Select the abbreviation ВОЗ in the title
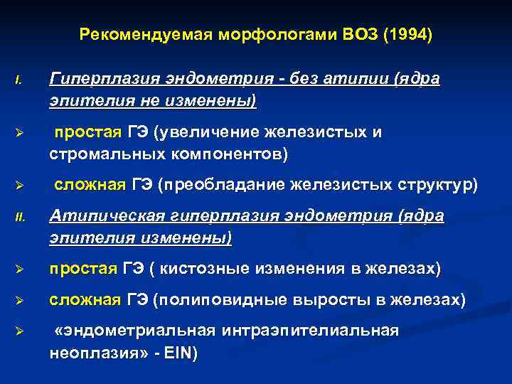point(360,35)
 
